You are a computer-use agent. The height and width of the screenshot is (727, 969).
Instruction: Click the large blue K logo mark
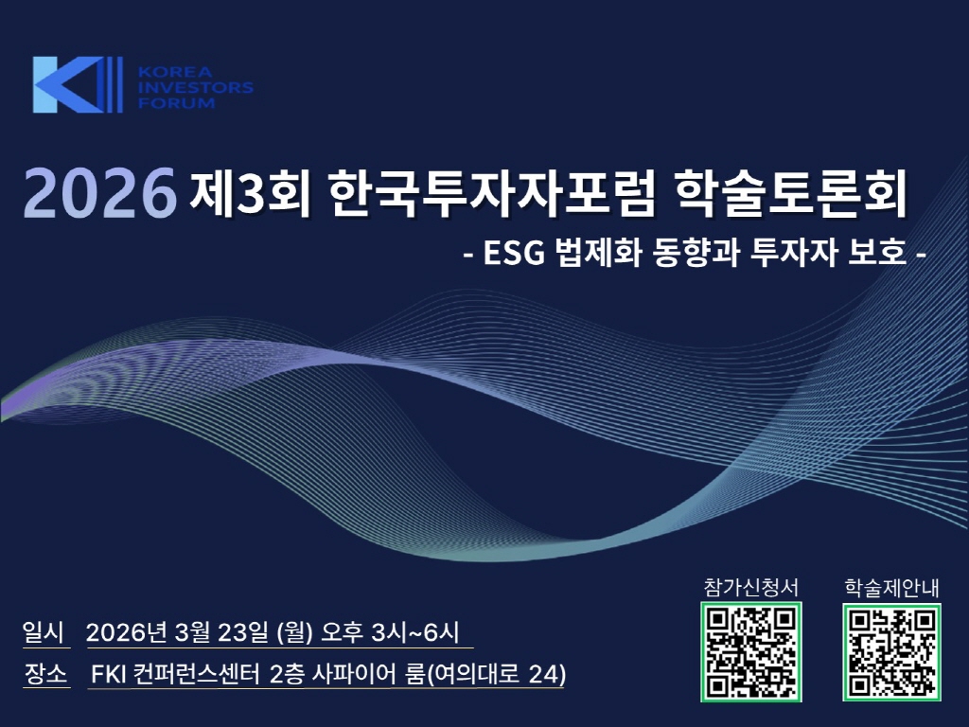(x=78, y=84)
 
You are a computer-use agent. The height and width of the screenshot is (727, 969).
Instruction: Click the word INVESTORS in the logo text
(x=195, y=87)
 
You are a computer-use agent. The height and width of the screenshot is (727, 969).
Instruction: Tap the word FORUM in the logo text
(x=176, y=102)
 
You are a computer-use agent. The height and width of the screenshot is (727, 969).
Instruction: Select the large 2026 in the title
(x=100, y=192)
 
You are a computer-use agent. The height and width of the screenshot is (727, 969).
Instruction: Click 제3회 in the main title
(x=250, y=192)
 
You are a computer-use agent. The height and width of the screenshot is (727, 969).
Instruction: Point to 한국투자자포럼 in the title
(x=491, y=192)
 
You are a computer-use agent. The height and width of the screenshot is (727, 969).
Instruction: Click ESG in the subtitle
(x=514, y=252)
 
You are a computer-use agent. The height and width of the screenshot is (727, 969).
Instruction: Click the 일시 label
(x=44, y=631)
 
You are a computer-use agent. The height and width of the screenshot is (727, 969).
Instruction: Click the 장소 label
(x=45, y=673)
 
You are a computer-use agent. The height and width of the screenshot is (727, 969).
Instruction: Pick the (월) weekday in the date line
(x=295, y=632)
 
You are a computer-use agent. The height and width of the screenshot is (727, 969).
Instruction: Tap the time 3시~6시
(x=415, y=631)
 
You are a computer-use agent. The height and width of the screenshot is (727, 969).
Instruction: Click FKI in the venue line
(x=108, y=674)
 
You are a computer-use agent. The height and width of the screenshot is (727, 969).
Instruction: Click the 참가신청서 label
(x=750, y=587)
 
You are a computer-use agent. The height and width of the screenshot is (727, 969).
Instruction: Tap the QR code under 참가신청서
(x=750, y=652)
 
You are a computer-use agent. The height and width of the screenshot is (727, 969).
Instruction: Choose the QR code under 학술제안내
(x=891, y=652)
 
